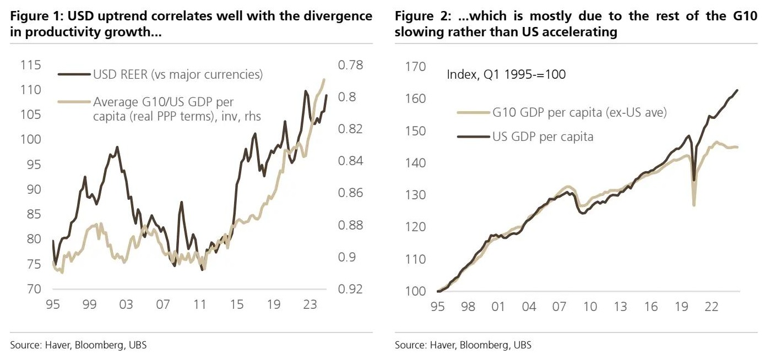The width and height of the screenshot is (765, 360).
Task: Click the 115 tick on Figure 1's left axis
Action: click(x=30, y=65)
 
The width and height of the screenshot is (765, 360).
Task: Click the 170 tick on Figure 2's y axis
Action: click(x=416, y=67)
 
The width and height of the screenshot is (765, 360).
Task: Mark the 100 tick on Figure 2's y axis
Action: click(x=416, y=291)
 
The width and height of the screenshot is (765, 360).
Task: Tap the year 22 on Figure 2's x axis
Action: click(x=712, y=306)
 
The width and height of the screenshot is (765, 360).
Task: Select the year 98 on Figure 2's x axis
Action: click(x=468, y=306)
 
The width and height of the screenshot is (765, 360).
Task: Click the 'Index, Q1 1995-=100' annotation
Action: click(x=506, y=74)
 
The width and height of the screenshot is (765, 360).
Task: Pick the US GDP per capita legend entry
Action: click(x=542, y=136)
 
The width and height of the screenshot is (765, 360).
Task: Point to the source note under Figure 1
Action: click(x=79, y=345)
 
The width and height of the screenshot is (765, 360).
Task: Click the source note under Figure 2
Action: click(x=463, y=345)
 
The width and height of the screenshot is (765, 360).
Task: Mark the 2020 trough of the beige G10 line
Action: click(x=694, y=205)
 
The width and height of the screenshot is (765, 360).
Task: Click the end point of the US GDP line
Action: click(x=737, y=90)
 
